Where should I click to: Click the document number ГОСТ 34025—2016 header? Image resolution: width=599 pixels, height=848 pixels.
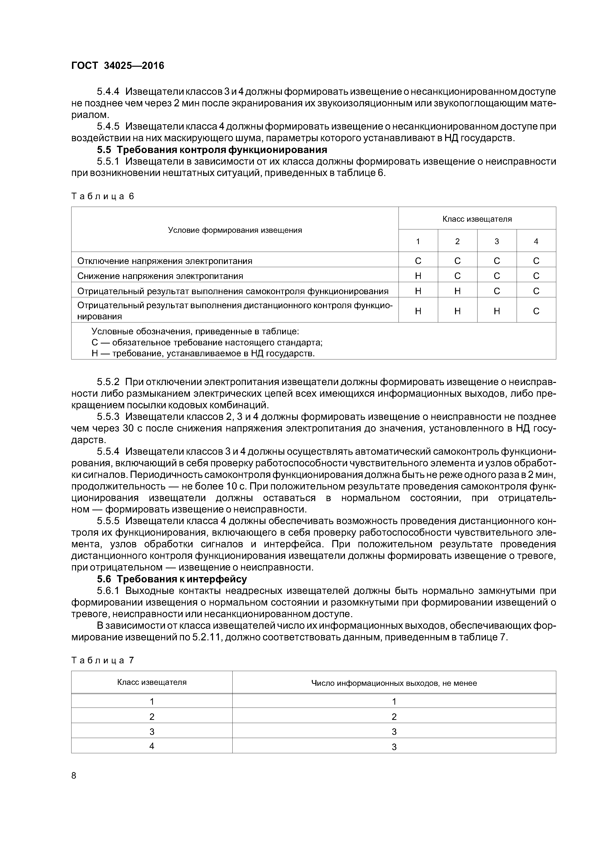click(x=117, y=66)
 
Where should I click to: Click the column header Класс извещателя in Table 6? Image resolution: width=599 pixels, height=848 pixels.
click(x=477, y=219)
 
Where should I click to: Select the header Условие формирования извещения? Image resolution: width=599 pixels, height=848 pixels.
click(x=235, y=230)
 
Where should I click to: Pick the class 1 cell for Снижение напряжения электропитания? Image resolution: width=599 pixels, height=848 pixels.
click(x=418, y=276)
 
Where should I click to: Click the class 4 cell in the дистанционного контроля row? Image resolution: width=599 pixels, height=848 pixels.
click(x=536, y=311)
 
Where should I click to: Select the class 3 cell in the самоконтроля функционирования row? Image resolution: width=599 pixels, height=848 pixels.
click(x=497, y=291)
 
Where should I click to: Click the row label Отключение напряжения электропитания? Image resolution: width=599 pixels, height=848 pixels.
click(x=165, y=261)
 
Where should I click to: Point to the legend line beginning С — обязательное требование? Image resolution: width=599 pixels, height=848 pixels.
click(x=207, y=342)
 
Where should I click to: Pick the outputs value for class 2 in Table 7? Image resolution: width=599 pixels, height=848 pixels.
click(x=394, y=717)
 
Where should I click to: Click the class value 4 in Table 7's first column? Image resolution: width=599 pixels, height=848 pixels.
click(x=152, y=746)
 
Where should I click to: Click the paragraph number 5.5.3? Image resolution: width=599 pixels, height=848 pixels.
click(x=108, y=417)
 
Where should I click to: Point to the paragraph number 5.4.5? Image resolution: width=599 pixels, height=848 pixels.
click(x=108, y=126)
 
